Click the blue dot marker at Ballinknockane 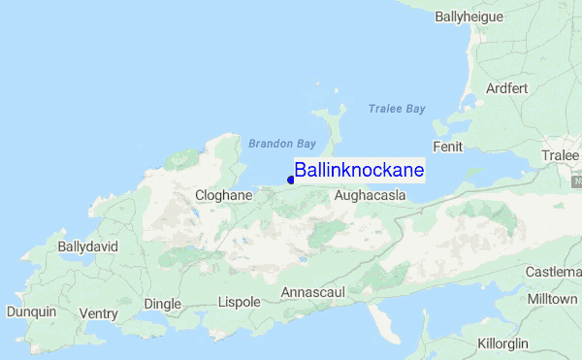[x=291, y=178]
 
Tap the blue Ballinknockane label [x=359, y=170]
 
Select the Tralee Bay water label [x=397, y=109]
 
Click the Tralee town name [x=560, y=156]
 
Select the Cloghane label [x=224, y=195]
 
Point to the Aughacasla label [x=369, y=196]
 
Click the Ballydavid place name [x=87, y=246]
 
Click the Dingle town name [x=163, y=304]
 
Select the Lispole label [x=240, y=302]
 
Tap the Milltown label [x=553, y=300]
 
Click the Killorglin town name [x=503, y=344]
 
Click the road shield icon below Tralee [x=577, y=181]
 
